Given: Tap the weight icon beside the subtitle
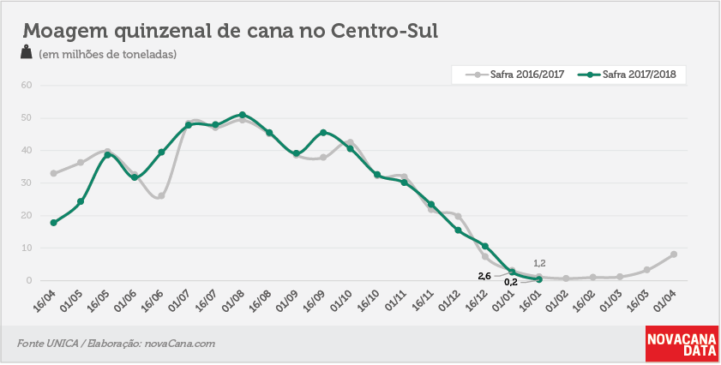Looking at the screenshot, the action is (27, 51).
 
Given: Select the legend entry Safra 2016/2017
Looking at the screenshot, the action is (515, 75).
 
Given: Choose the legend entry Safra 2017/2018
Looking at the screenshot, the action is (628, 75).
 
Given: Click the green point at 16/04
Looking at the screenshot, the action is (53, 223).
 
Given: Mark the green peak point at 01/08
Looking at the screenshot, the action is (243, 115).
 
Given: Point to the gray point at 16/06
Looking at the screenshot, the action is (161, 196).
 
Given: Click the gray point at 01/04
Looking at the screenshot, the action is (674, 254).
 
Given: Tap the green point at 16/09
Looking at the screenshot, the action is (323, 133).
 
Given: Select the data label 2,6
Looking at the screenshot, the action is (484, 276).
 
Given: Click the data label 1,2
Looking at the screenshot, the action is (539, 263).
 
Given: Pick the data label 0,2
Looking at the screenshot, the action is (511, 283).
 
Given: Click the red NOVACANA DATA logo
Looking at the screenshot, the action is (682, 344).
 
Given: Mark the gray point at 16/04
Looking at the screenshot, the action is (53, 173).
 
